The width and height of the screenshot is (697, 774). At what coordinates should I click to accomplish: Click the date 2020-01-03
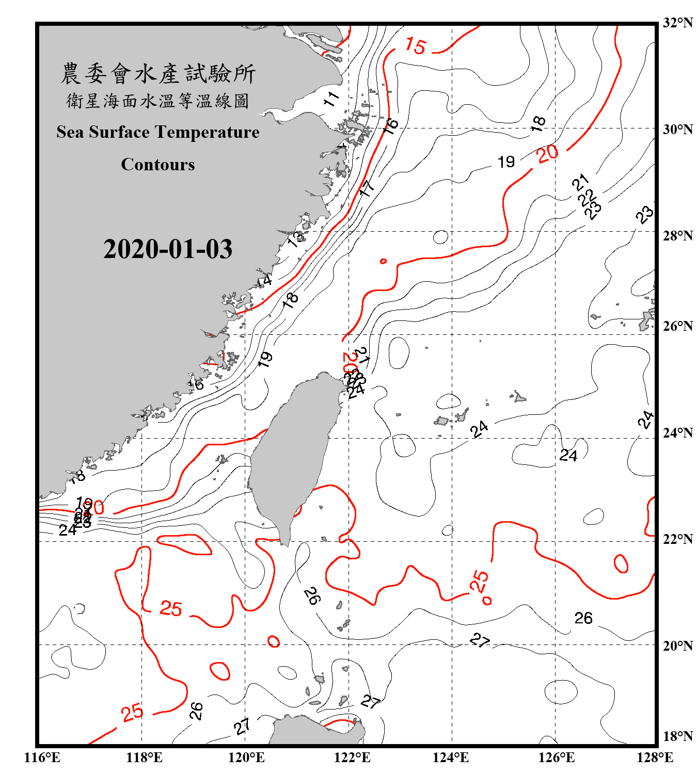pyautogui.click(x=168, y=249)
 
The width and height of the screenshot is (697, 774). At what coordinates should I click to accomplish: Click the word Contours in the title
pyautogui.click(x=158, y=164)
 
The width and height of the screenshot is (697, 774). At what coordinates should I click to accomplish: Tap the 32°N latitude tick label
pyautogui.click(x=678, y=22)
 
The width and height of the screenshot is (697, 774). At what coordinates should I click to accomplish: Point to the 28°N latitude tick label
pyautogui.click(x=678, y=236)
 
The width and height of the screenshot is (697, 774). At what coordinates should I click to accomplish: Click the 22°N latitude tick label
pyautogui.click(x=678, y=539)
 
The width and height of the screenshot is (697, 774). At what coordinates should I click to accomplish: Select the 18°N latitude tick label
pyautogui.click(x=678, y=736)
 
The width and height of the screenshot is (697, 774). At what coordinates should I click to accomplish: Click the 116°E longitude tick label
pyautogui.click(x=42, y=757)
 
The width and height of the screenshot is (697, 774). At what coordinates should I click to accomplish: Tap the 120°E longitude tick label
pyautogui.click(x=246, y=757)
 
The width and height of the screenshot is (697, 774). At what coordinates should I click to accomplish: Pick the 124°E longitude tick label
pyautogui.click(x=451, y=757)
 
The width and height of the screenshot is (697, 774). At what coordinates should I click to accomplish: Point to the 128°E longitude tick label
pyautogui.click(x=655, y=757)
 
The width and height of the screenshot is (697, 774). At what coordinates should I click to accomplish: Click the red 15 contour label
pyautogui.click(x=416, y=46)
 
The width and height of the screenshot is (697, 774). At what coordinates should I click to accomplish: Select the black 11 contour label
pyautogui.click(x=331, y=99)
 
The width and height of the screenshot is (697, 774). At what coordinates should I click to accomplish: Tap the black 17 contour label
pyautogui.click(x=367, y=188)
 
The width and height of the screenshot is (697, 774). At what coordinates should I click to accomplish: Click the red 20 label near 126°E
pyautogui.click(x=547, y=153)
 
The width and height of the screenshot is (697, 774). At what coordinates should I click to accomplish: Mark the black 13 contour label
pyautogui.click(x=296, y=238)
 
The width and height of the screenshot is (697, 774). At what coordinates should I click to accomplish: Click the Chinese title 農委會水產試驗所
pyautogui.click(x=158, y=73)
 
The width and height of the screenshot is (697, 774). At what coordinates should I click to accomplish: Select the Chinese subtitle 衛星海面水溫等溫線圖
pyautogui.click(x=158, y=101)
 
